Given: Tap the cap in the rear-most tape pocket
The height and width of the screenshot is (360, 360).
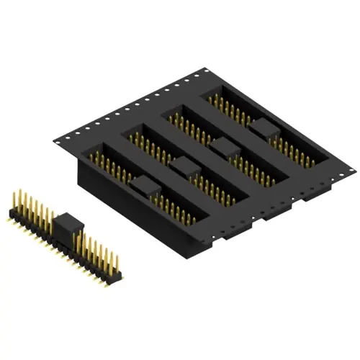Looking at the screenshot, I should (x=264, y=129).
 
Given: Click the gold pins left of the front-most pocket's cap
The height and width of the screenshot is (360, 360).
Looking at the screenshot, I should (x=115, y=169).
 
